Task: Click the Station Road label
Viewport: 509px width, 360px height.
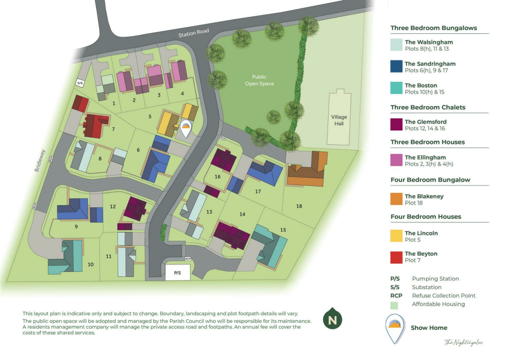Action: pos(194,33)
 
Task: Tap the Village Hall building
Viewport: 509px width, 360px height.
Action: pos(339,120)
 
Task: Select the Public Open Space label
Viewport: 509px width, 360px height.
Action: pos(259,80)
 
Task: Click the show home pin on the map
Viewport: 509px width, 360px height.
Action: pos(185,129)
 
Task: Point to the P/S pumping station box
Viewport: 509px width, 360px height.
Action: pos(177,272)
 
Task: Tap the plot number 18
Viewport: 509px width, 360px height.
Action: pos(299,206)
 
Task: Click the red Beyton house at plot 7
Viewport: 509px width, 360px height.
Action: pos(94,124)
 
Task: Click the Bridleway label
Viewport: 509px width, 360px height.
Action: pos(40,161)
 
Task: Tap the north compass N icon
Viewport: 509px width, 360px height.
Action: pos(333,319)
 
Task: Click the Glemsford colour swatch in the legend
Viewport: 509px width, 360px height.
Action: pos(397,125)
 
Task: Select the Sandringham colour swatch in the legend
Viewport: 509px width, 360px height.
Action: pos(397,67)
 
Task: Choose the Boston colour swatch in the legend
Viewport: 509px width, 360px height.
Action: pos(397,89)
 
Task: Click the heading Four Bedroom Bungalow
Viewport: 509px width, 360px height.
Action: pos(430,180)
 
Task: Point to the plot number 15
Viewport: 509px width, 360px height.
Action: pos(283,230)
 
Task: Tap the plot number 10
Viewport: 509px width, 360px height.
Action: pos(91,265)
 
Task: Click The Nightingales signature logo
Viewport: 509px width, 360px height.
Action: pos(463,342)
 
